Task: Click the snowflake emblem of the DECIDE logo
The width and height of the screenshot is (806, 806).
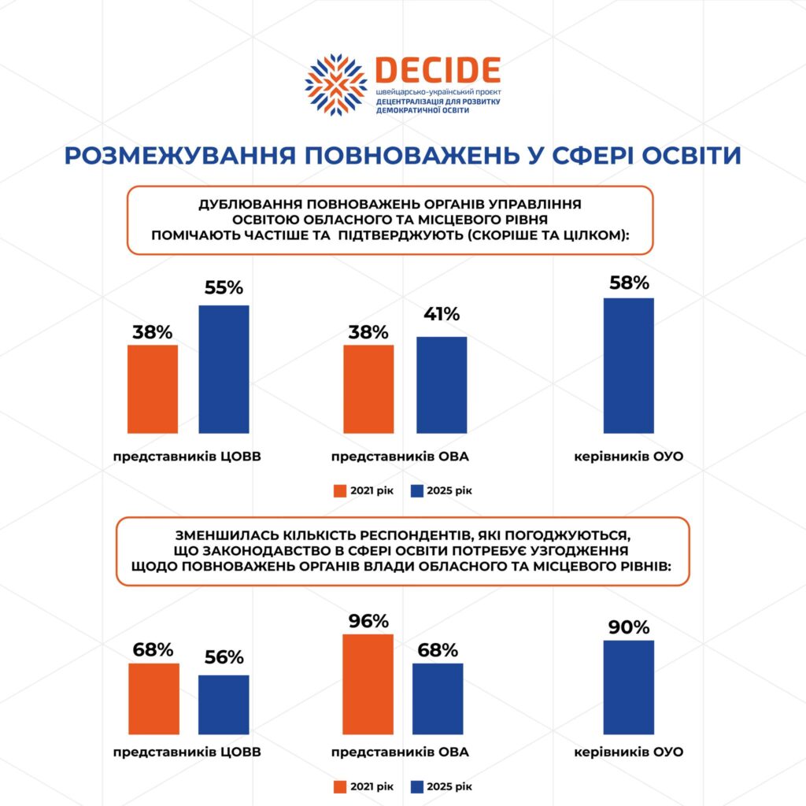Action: [x=336, y=85]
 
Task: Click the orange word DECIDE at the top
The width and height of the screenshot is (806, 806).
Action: [x=438, y=71]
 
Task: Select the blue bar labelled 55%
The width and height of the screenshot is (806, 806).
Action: [x=224, y=368]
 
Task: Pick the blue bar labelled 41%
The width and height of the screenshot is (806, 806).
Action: [x=442, y=384]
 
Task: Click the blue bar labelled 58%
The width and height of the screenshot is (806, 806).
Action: [x=628, y=365]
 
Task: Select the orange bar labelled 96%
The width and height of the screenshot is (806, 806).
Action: [x=368, y=684]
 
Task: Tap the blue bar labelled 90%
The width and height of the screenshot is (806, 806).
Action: [x=628, y=687]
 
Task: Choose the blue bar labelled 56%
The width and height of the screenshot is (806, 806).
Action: [x=224, y=704]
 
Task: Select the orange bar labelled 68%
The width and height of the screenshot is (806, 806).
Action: [x=153, y=699]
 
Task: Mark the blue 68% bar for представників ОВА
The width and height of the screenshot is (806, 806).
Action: [x=438, y=699]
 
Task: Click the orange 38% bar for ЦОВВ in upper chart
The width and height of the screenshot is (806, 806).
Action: [x=153, y=389]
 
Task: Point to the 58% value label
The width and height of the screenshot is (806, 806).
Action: [x=628, y=283]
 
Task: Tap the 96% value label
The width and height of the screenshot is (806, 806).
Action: [x=368, y=620]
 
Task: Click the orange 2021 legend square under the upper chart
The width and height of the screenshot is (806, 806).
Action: [x=340, y=491]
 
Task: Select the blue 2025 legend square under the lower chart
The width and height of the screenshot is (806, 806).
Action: [x=417, y=786]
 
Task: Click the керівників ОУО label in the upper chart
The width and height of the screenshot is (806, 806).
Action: [x=628, y=457]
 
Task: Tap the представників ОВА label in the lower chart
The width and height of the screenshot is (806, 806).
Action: [x=400, y=752]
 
